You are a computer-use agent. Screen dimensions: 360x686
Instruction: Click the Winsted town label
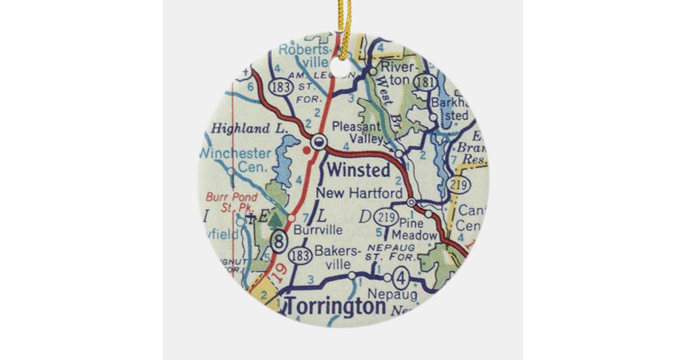[359, 170]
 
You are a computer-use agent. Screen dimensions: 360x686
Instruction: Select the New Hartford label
[360, 193]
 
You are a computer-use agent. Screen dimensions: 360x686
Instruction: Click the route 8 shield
[279, 240]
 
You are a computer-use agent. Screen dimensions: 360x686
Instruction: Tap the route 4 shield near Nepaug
[402, 279]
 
